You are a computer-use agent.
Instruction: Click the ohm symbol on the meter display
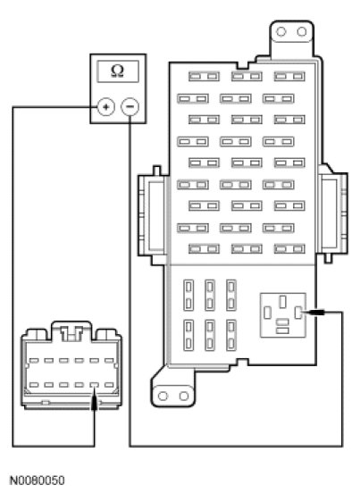(x=118, y=71)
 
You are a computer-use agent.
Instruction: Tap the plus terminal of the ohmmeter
(x=106, y=107)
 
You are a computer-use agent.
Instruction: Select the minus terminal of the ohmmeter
(x=130, y=107)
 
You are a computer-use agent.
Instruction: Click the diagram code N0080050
(x=38, y=480)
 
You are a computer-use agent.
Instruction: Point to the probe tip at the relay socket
(x=308, y=313)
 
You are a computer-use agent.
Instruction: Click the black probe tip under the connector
(x=94, y=401)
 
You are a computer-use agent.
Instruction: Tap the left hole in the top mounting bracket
(x=280, y=31)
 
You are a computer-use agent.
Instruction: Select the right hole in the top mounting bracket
(x=302, y=31)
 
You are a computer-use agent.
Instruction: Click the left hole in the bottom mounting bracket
(x=163, y=396)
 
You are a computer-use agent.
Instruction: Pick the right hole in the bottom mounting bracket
(x=184, y=396)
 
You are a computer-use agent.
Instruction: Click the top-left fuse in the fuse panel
(x=204, y=77)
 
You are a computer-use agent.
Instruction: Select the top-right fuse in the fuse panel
(x=289, y=77)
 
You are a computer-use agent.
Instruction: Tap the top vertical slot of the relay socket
(x=283, y=302)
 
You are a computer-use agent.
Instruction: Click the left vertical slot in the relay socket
(x=268, y=313)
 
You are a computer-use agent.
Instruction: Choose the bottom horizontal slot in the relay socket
(x=283, y=330)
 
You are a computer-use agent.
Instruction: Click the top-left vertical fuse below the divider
(x=188, y=296)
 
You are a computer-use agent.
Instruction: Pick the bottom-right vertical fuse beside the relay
(x=231, y=335)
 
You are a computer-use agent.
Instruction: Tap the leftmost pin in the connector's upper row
(x=34, y=361)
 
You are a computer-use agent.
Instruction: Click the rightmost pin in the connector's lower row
(x=109, y=385)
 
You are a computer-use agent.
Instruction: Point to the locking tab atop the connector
(x=71, y=331)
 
